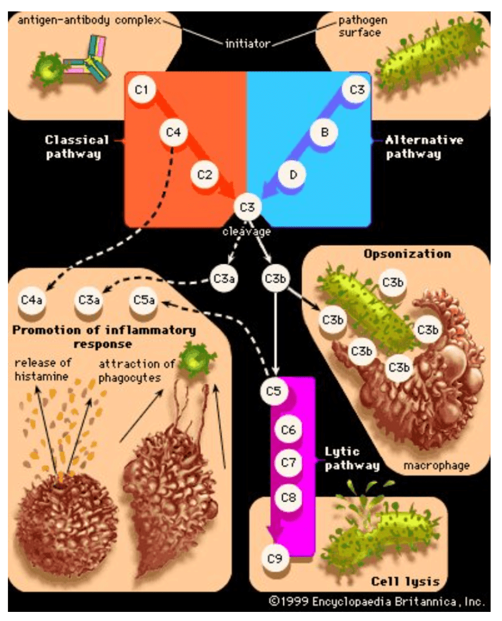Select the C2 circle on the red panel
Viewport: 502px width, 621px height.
point(205,174)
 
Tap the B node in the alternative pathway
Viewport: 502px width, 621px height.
point(325,132)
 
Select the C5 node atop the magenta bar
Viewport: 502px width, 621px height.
point(274,391)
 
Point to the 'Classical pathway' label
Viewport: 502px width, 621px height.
point(76,147)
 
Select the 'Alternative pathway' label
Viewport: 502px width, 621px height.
point(424,147)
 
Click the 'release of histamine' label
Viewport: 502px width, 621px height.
point(42,370)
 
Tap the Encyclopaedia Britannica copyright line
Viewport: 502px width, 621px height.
point(377,602)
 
